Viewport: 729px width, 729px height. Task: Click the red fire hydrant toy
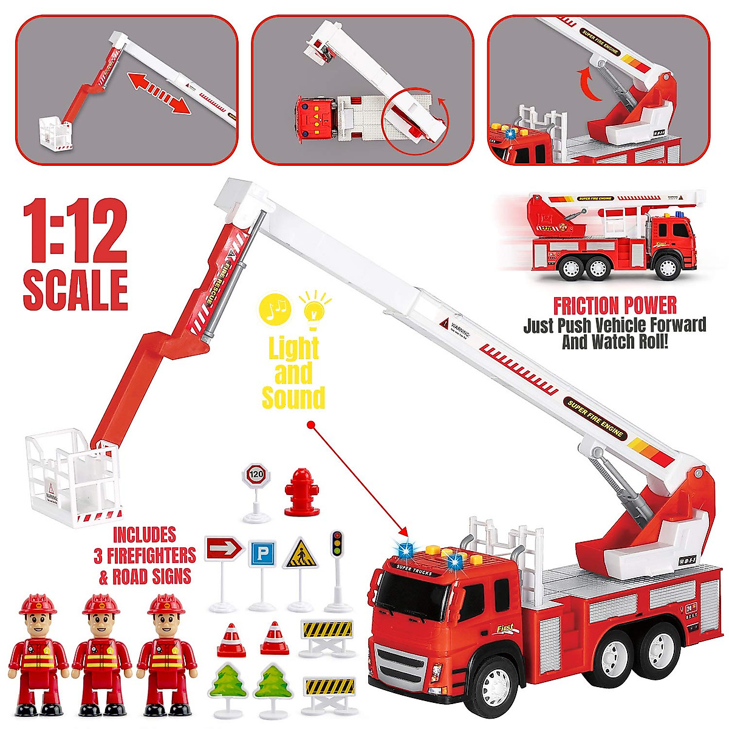click(298, 492)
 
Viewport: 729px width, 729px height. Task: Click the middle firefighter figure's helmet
click(101, 605)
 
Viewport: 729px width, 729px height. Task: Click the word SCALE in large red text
click(75, 290)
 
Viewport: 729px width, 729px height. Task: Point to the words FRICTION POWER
click(614, 305)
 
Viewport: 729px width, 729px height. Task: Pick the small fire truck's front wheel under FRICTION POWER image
click(668, 267)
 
